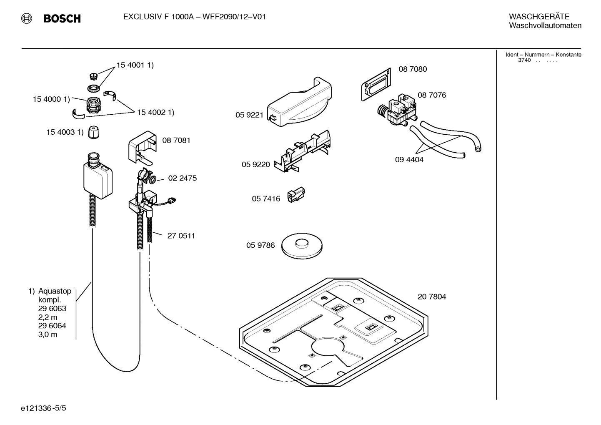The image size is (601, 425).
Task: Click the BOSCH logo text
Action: pos(62,18)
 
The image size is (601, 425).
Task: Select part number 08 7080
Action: pos(412,69)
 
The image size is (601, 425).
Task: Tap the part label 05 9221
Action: pos(249,115)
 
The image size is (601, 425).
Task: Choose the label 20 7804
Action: pos(431,297)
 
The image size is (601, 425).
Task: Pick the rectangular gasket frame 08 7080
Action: pos(376,84)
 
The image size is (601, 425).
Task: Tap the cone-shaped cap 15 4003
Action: pos(94,132)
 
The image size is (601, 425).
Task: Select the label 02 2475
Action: pos(182,178)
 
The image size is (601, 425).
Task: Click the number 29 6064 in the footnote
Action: pos(52,326)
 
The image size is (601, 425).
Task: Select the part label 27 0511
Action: pos(181,236)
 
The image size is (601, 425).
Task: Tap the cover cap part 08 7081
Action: pos(143,148)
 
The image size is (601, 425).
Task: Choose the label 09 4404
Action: pos(409,160)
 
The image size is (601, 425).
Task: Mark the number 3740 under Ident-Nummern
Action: pos(524,60)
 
